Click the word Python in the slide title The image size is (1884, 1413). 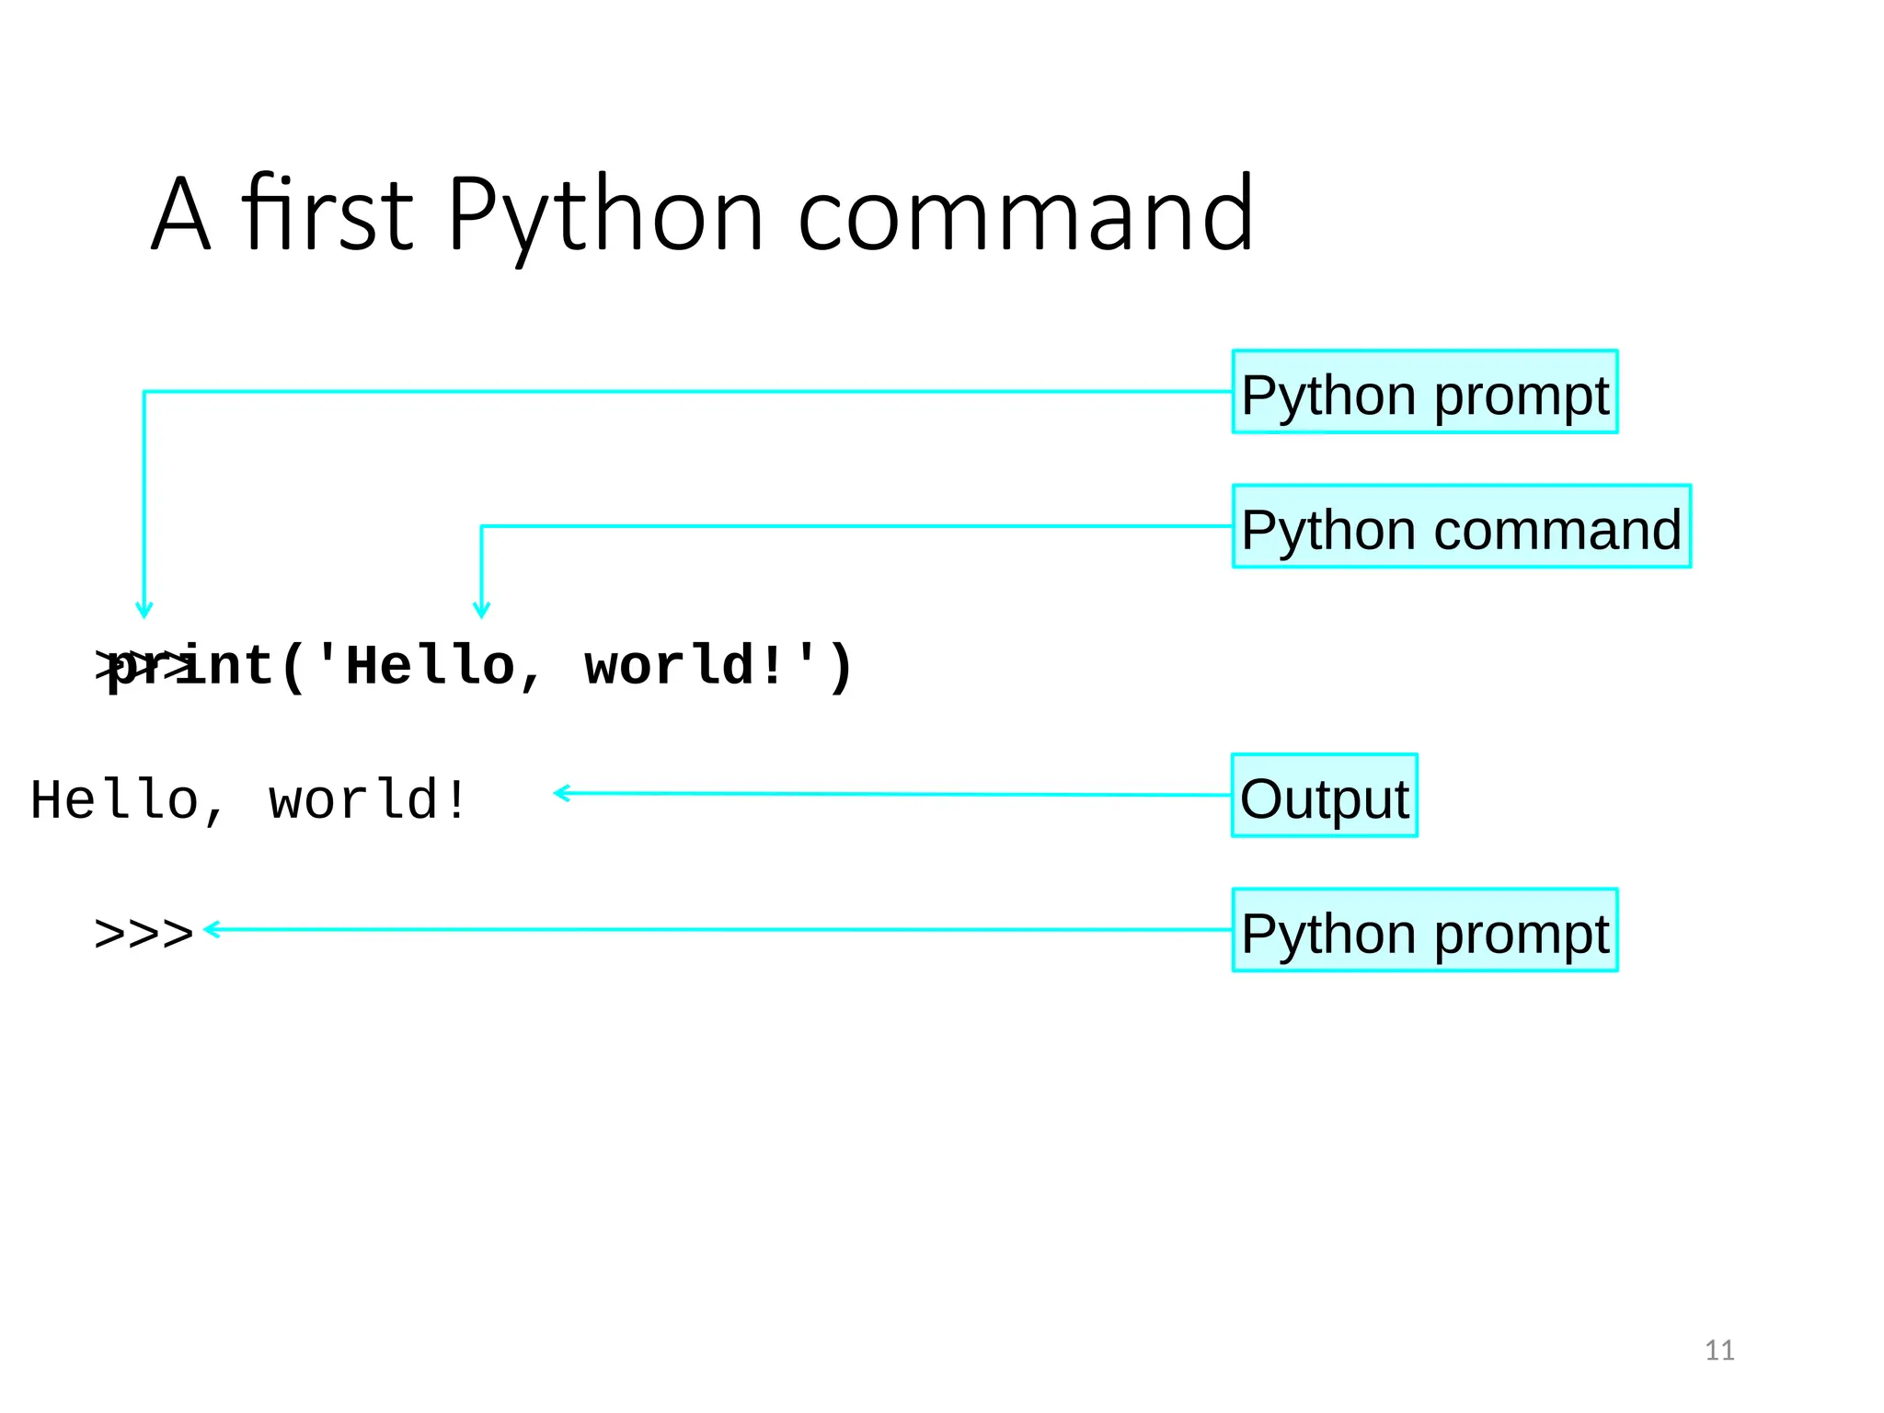[604, 216]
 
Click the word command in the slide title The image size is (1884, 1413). [1024, 216]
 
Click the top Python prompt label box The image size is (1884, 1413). [1424, 392]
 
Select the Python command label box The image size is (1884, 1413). [1461, 526]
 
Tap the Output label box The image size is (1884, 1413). [1324, 796]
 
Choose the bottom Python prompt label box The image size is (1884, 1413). [1424, 930]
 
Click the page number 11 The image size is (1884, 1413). [1719, 1350]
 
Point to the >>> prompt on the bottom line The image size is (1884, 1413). [144, 934]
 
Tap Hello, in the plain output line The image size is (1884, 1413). [127, 799]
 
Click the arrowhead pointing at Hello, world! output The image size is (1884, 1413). [559, 793]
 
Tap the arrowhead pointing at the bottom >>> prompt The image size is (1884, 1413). [210, 929]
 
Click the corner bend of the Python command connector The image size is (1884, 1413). [481, 526]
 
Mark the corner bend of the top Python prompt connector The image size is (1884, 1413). [144, 392]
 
